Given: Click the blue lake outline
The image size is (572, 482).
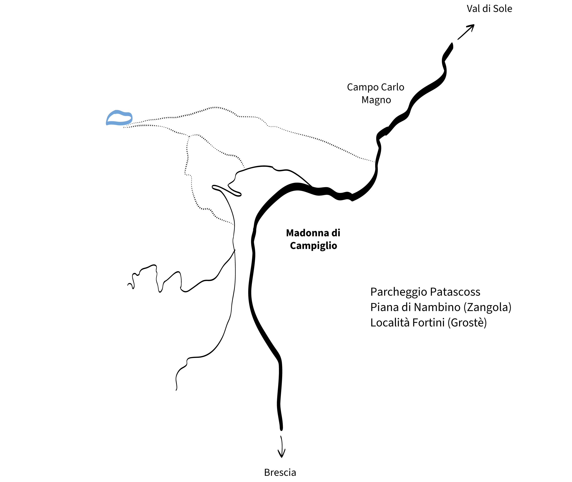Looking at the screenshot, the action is click(119, 118).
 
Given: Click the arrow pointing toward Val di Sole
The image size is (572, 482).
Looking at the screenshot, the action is click(466, 32).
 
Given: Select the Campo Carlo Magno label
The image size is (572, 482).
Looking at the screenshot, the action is click(376, 93).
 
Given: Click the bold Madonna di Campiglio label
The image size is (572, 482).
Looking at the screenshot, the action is click(313, 239).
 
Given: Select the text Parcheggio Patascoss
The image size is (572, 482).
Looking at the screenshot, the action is click(425, 292).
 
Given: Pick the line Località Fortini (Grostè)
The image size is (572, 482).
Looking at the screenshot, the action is click(428, 323).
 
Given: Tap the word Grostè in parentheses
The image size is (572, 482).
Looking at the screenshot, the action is click(467, 323).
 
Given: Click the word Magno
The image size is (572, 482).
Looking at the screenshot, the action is click(376, 100).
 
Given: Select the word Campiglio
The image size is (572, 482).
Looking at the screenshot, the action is click(313, 246).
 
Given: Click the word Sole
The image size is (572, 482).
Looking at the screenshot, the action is click(503, 9).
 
